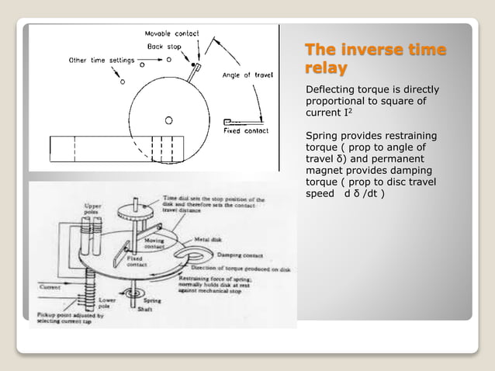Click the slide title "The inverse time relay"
click(x=376, y=60)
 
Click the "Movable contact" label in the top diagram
click(x=171, y=34)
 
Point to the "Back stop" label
click(x=164, y=47)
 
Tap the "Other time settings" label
click(x=99, y=60)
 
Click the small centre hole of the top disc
click(x=168, y=120)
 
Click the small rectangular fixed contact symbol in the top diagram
click(x=227, y=122)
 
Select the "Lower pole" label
click(x=108, y=302)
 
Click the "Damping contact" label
click(x=241, y=255)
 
